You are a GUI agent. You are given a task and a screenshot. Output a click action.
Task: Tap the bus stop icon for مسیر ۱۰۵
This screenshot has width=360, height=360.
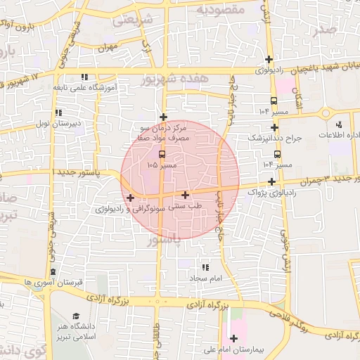pyautogui.click(x=162, y=153)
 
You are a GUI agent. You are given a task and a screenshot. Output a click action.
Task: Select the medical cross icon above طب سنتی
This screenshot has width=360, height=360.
pyautogui.click(x=185, y=195)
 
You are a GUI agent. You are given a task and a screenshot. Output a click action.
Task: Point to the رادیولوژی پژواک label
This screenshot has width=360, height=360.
pyautogui.click(x=268, y=192)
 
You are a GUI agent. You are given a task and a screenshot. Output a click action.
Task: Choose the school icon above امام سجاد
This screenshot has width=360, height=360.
pyautogui.click(x=205, y=267)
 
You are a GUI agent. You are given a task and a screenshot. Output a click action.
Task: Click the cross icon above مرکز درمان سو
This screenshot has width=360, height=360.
pyautogui.click(x=164, y=117)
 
